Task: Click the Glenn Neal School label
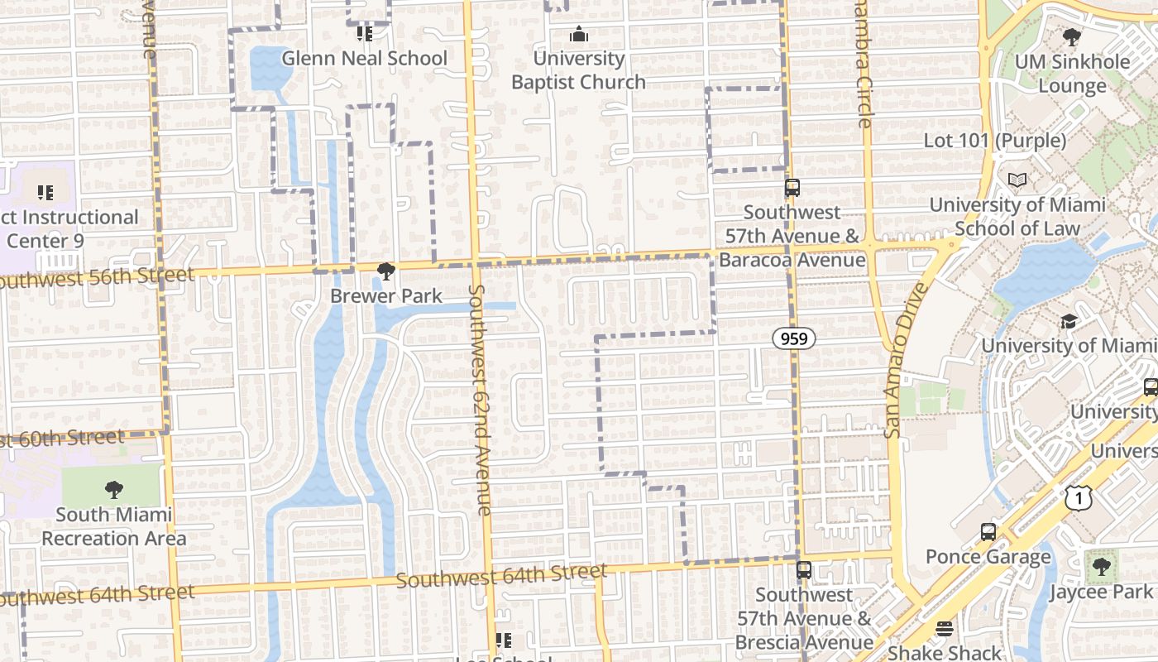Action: tap(364, 59)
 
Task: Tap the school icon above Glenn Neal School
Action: tap(364, 34)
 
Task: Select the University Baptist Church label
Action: tap(578, 70)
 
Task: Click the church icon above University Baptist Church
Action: tap(578, 35)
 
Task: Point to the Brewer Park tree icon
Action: tap(385, 271)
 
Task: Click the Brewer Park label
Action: tap(386, 296)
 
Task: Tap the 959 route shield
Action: tap(795, 338)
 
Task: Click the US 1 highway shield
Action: tap(1079, 496)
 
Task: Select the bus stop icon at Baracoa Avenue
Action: tap(792, 188)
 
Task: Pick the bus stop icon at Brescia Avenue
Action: tap(803, 570)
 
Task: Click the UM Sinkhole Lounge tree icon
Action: tap(1072, 37)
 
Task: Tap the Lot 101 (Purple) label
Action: tap(995, 141)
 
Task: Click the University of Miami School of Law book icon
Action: tap(1017, 180)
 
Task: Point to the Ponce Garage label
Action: tap(988, 557)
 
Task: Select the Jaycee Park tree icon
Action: tap(1100, 568)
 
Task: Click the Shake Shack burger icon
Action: tap(944, 630)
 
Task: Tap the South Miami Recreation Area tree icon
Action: tap(114, 490)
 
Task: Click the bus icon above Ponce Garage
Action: tap(988, 532)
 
